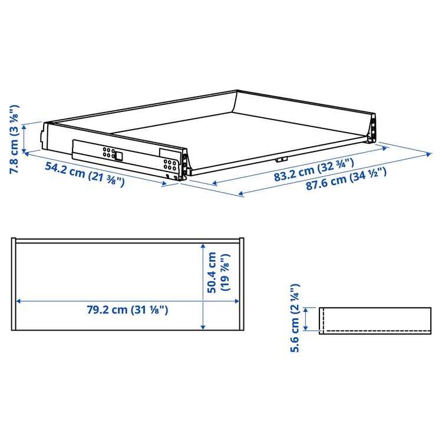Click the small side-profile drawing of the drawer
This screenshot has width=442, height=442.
pyautogui.click(x=375, y=321)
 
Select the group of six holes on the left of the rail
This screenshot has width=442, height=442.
pyautogui.click(x=108, y=153)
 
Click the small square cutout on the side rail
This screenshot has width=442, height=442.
pyautogui.click(x=118, y=156)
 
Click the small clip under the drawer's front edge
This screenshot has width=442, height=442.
pyautogui.click(x=282, y=159)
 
